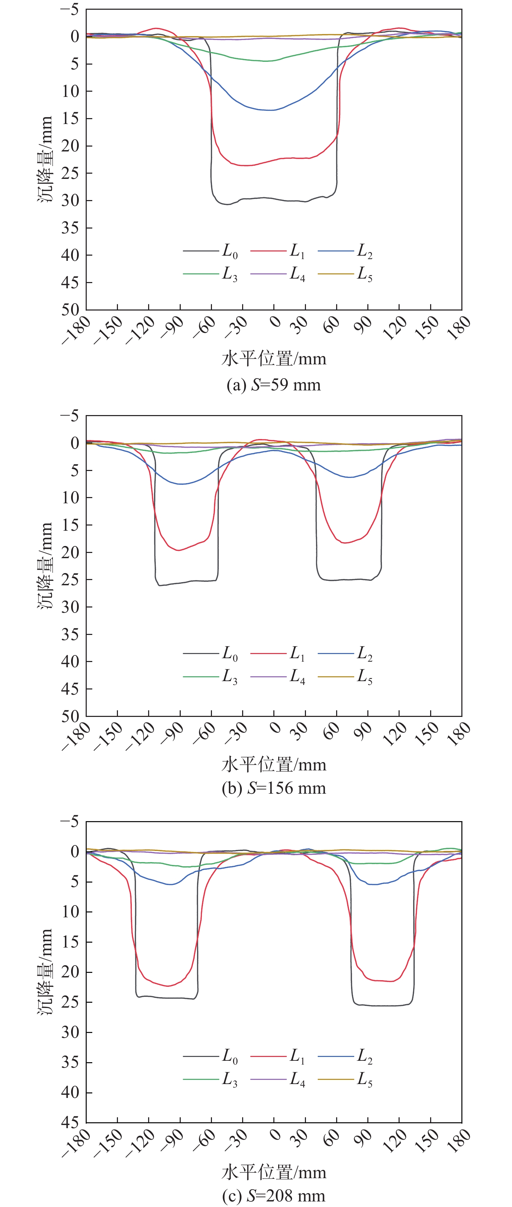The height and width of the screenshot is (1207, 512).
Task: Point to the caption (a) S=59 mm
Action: coord(274,385)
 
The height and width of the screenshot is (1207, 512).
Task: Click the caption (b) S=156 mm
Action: coord(274,788)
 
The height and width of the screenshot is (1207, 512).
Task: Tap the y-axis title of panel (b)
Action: coord(45,565)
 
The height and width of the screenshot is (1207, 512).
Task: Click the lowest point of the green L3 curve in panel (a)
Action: coord(265,61)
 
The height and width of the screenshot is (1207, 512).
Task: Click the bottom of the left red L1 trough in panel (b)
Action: coord(178,550)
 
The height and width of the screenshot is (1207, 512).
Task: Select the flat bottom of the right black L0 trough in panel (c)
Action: coord(382,1006)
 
